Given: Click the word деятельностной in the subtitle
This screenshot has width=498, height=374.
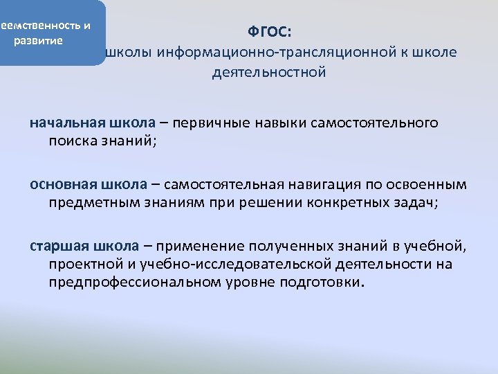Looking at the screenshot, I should (268, 72).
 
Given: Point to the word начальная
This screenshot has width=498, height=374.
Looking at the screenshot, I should (58, 123).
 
